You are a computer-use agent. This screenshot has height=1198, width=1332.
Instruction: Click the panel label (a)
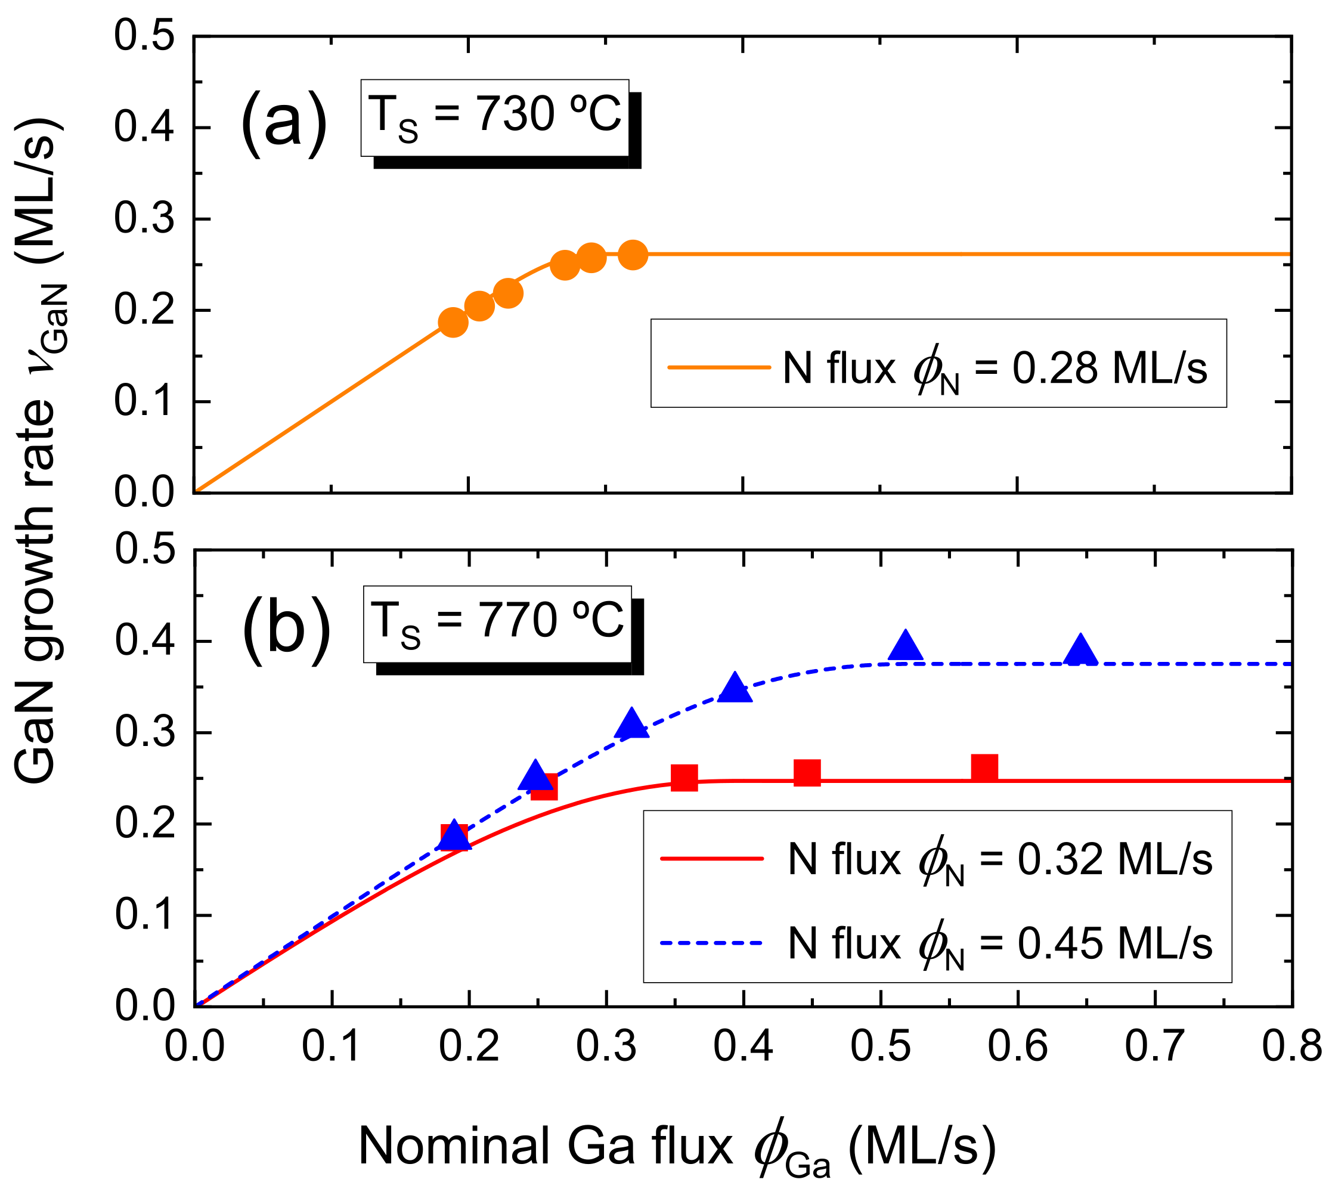pos(284,122)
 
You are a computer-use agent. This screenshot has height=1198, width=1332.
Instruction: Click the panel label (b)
pos(286,630)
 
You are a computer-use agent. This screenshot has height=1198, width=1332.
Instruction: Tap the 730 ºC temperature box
pos(495,118)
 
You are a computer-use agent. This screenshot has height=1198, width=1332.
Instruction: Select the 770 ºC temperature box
pos(497,623)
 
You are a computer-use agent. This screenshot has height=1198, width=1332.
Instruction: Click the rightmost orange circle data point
pos(633,255)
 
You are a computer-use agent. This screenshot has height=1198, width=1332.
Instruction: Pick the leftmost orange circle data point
pos(453,322)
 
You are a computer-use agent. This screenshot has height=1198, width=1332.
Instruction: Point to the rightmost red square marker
pos(984,767)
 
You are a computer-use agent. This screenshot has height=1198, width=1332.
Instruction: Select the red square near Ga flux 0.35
pos(684,778)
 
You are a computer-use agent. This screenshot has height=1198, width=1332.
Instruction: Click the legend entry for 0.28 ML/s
pos(938,367)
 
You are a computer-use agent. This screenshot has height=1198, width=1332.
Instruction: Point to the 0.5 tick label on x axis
pos(880,1046)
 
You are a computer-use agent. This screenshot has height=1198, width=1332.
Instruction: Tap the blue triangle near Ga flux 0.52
pos(906,646)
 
